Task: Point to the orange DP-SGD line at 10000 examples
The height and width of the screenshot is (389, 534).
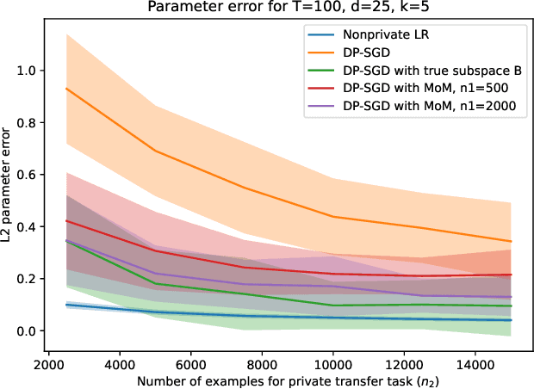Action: pyautogui.click(x=333, y=217)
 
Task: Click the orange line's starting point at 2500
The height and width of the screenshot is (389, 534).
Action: pyautogui.click(x=67, y=90)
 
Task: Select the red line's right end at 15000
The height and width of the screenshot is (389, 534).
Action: pyautogui.click(x=511, y=275)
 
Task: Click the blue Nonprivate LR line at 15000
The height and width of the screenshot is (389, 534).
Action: pyautogui.click(x=511, y=320)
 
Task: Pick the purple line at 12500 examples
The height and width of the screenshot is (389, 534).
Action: pyautogui.click(x=422, y=295)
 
